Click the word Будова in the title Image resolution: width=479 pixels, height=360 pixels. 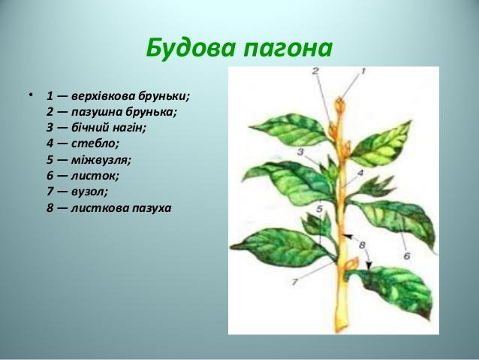[x=191, y=48]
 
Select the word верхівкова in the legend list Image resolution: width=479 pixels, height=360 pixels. [x=104, y=96]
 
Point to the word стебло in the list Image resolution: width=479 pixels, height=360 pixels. [x=95, y=143]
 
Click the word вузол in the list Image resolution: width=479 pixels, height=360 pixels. [x=89, y=192]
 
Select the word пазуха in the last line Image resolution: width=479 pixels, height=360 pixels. [x=152, y=209]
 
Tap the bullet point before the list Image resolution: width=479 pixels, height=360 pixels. [x=30, y=95]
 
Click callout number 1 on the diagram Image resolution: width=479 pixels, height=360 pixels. [x=363, y=71]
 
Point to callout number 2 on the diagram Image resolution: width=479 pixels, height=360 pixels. [x=315, y=71]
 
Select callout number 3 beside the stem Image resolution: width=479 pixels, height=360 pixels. [x=300, y=152]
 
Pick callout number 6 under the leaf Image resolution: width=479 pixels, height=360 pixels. [x=407, y=256]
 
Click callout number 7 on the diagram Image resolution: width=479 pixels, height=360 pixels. [x=294, y=282]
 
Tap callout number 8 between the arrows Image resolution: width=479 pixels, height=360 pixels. [x=363, y=245]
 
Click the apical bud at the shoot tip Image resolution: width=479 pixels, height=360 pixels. [x=340, y=105]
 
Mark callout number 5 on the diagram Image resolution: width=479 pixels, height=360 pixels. [x=320, y=209]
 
